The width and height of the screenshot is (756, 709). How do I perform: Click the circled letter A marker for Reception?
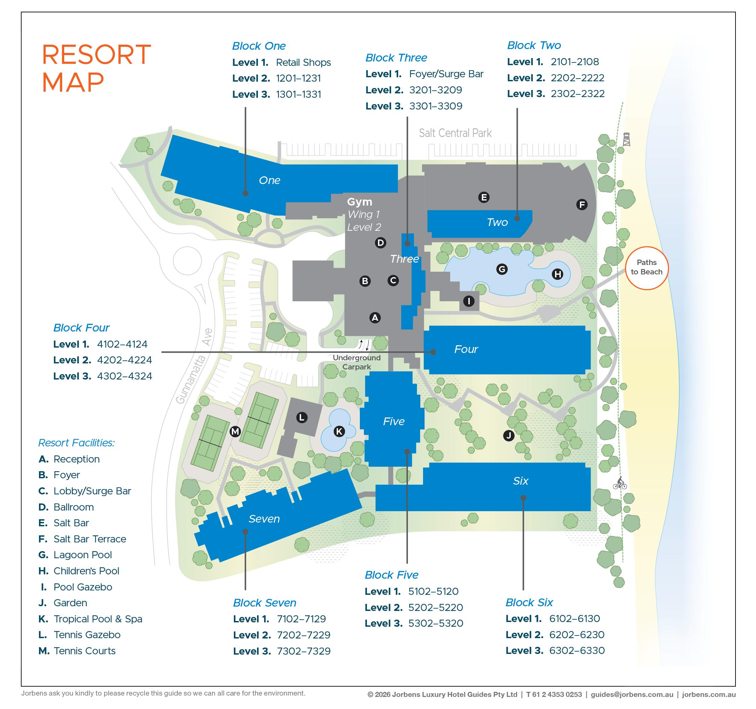pos(375,317)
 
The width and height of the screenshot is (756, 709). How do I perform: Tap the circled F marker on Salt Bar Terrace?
pos(582,205)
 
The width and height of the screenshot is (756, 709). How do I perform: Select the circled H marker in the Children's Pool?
pos(557,274)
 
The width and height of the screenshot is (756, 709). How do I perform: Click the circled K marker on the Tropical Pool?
pos(339,432)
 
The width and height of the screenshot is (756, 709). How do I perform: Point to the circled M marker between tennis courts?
pos(236,432)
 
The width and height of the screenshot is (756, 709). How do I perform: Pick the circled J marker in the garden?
pos(508,436)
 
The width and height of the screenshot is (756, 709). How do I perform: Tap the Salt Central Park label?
pos(455,133)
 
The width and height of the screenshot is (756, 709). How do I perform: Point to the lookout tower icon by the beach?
pos(626,139)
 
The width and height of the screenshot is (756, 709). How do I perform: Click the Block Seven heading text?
pos(264,603)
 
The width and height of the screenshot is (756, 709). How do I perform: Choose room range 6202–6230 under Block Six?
pos(577,634)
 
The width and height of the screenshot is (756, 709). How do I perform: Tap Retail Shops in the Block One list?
pos(303,62)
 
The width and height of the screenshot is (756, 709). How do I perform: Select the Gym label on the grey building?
pos(360,202)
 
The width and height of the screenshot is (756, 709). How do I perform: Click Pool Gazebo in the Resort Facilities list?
pos(83,587)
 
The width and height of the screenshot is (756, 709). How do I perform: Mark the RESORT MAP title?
pos(96,68)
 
